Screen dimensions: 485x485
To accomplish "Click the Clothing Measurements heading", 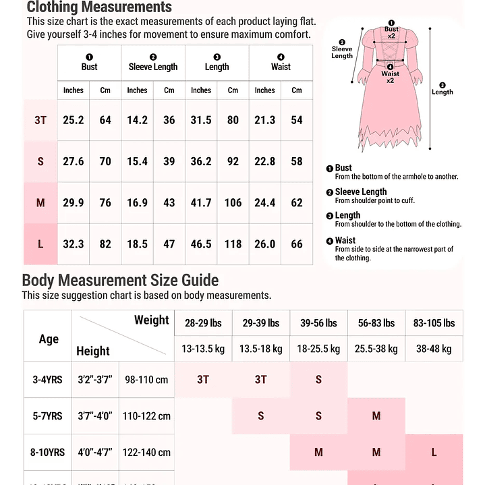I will (99, 8).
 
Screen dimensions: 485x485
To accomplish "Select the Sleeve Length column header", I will (153, 67).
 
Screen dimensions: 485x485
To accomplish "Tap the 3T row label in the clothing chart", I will (40, 120).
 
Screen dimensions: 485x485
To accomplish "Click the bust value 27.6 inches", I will (73, 162).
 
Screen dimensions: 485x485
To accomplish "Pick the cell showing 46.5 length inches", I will (200, 244).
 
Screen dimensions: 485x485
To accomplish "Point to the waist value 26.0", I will (264, 244).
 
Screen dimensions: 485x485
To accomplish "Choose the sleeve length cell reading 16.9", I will (137, 202).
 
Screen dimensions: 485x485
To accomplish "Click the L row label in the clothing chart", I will (40, 244).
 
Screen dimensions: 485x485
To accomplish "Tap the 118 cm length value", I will (233, 244).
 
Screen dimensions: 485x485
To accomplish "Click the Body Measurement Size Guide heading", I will (120, 281).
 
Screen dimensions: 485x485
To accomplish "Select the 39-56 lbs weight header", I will (318, 323).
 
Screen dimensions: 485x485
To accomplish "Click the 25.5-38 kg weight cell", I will (376, 349).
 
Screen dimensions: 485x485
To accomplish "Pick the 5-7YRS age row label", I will (48, 416).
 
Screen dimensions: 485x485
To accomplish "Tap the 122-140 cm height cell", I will (146, 452).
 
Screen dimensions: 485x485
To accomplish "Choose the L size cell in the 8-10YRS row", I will (434, 452).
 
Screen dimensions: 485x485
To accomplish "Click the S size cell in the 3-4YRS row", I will (318, 380).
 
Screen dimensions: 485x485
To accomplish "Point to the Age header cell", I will (48, 339).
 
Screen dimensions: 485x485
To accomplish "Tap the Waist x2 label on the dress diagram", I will (390, 76).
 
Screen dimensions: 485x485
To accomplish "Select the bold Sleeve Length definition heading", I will (361, 192).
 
